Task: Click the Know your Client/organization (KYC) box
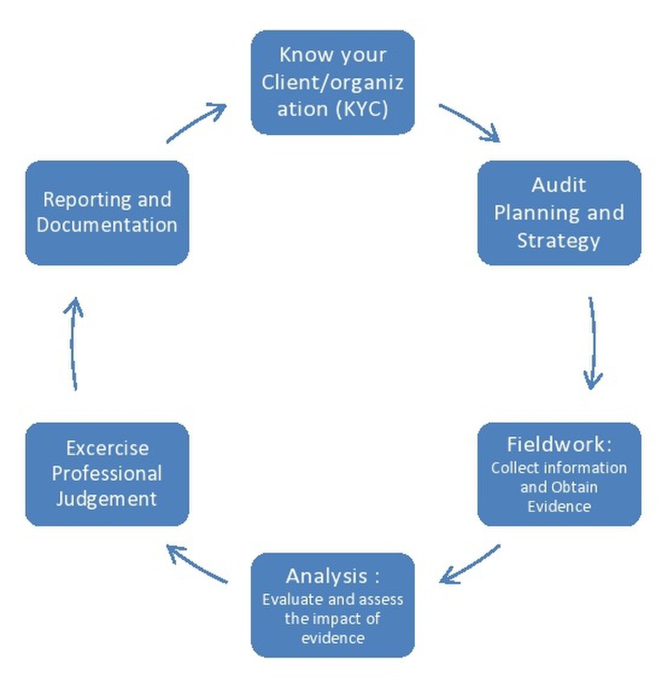pos(332,82)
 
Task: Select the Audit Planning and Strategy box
pos(559,213)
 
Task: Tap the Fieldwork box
pos(559,474)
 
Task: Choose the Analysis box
pos(332,604)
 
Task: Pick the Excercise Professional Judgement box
pos(107,474)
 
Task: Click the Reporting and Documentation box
pos(107,213)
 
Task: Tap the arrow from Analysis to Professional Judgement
pos(197,564)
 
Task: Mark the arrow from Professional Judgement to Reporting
pos(74,343)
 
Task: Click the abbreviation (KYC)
pos(362,109)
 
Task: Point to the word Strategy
pos(558,241)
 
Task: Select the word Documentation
pos(107,225)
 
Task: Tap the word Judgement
pos(106,499)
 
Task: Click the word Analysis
pos(327,576)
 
